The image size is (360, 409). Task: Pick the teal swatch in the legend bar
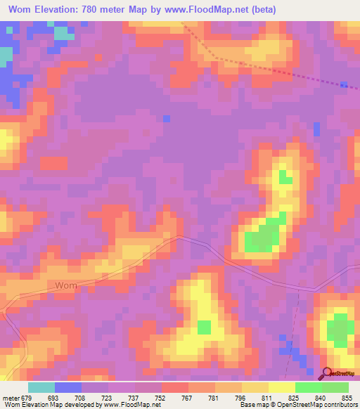click(x=41, y=387)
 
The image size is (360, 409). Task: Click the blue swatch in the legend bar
click(x=68, y=387)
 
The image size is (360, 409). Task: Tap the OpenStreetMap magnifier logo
click(x=327, y=375)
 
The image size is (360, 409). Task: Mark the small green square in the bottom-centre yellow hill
click(x=204, y=327)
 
